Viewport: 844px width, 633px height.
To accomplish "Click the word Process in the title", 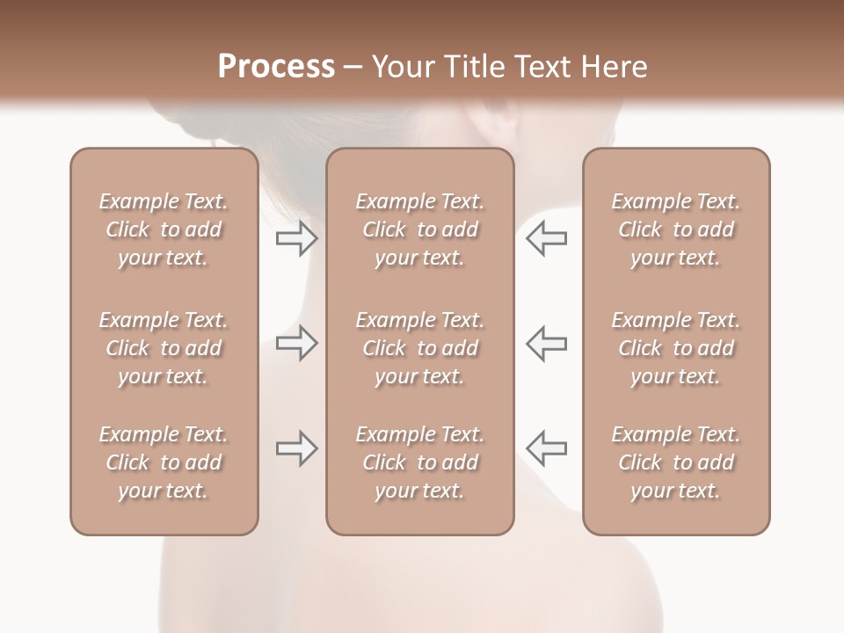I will click(x=276, y=67).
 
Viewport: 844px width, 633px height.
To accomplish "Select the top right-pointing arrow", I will click(x=296, y=237).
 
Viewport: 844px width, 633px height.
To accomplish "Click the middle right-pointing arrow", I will click(x=296, y=343).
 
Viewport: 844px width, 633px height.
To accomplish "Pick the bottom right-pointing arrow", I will click(x=296, y=448).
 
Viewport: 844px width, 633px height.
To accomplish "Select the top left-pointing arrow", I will click(x=546, y=237).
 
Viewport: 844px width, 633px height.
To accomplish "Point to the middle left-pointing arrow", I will click(x=546, y=343).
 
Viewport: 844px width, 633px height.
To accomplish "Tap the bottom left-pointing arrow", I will click(x=546, y=448).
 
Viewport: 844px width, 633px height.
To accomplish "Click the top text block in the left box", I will click(x=164, y=229).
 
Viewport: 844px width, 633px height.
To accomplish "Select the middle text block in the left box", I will click(x=164, y=348).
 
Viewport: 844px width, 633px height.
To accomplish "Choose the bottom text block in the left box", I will click(x=164, y=462).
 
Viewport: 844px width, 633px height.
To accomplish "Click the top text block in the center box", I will click(x=419, y=229).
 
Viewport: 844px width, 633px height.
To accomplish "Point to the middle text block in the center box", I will click(x=419, y=348).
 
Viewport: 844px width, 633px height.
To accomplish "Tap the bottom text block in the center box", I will click(x=419, y=462).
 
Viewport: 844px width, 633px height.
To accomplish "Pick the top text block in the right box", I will click(x=675, y=229).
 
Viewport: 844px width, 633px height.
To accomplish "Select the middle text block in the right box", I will click(x=675, y=348).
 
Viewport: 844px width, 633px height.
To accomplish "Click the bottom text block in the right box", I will click(x=675, y=462).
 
